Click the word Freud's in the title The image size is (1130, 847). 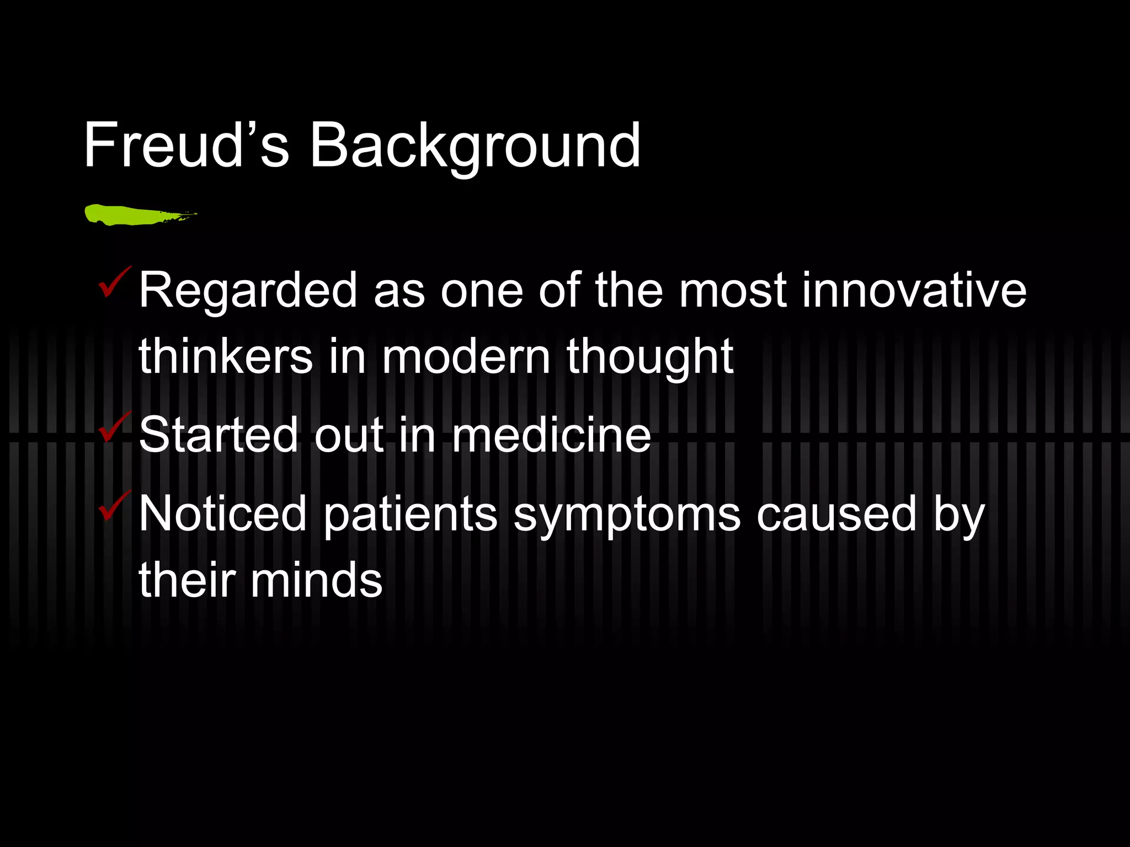pos(186,146)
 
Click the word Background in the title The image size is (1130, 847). pos(475,147)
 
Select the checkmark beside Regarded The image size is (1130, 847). pos(114,282)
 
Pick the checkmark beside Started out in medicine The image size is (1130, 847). pos(114,427)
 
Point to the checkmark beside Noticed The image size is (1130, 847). pos(114,506)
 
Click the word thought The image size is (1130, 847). pos(650,357)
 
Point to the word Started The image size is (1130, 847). pos(218,435)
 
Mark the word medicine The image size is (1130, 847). pos(551,435)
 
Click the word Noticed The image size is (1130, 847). pos(222,513)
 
